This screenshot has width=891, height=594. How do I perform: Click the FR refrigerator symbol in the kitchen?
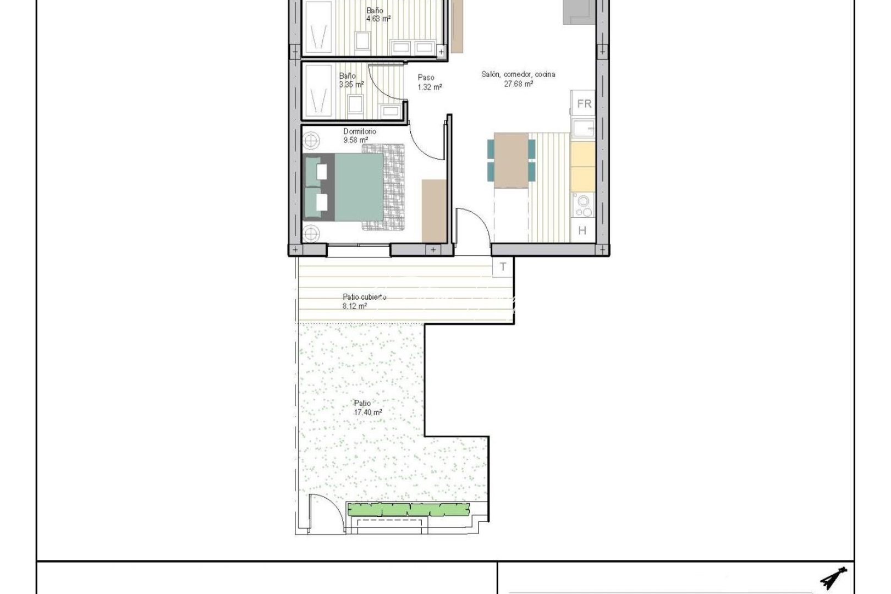584,103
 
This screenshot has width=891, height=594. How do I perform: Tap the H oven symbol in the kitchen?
582,230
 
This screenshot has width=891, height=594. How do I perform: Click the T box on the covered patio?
503,267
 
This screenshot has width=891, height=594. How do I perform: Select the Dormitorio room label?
360,131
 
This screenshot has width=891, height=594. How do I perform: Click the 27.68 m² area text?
518,84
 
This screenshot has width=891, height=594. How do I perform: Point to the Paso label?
426,78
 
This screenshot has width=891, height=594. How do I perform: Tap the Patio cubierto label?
364,297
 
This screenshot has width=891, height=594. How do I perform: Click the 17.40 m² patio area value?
368,413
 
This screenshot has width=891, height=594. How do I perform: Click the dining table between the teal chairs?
512,160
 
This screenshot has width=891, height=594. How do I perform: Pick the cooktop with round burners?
582,206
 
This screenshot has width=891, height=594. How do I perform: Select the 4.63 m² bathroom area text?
378,18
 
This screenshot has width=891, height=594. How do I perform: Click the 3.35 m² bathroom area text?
351,85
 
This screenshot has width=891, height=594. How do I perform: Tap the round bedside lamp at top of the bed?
311,140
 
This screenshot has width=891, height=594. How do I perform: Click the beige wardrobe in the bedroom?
433,210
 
